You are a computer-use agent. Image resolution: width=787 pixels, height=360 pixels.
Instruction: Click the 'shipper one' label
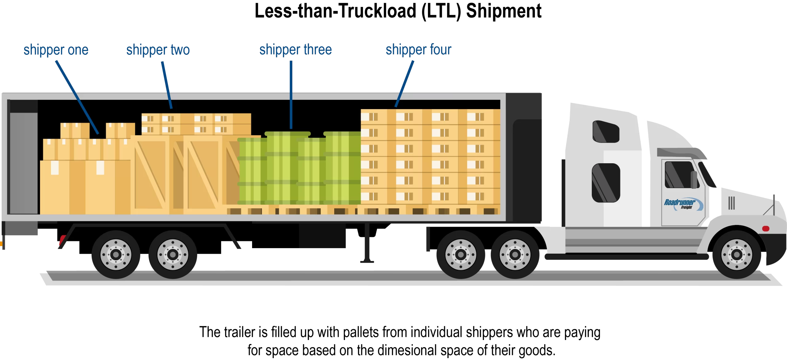pyautogui.click(x=56, y=50)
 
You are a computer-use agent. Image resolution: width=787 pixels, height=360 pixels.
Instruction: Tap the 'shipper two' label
pyautogui.click(x=158, y=50)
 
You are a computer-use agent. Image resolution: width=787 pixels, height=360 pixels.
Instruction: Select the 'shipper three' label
pyautogui.click(x=295, y=50)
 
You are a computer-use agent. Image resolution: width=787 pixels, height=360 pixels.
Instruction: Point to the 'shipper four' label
pyautogui.click(x=418, y=50)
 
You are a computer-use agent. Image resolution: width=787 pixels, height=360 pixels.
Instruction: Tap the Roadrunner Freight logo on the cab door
pyautogui.click(x=683, y=204)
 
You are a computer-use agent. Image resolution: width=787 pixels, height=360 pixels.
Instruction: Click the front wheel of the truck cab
pyautogui.click(x=737, y=255)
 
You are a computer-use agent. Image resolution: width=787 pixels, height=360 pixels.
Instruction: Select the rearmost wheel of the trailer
pyautogui.click(x=116, y=255)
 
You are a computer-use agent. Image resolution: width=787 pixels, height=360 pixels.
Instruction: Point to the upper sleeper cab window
pyautogui.click(x=606, y=132)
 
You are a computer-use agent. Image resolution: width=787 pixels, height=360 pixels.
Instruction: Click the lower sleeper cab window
pyautogui.click(x=606, y=183)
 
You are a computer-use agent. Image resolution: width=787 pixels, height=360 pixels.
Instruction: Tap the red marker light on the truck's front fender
pyautogui.click(x=765, y=228)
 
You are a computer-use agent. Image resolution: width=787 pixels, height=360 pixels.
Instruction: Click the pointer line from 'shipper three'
pyautogui.click(x=291, y=95)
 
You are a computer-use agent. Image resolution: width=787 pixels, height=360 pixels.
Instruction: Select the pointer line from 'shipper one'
pyautogui.click(x=77, y=97)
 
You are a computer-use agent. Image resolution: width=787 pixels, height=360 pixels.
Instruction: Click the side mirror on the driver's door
pyautogui.click(x=694, y=180)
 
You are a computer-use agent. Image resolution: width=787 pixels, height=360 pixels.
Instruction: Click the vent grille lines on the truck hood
pyautogui.click(x=731, y=203)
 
